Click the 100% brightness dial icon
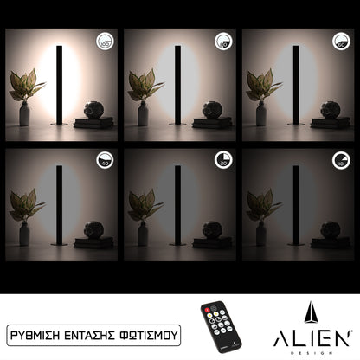coord(105,41)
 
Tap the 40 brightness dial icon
coord(105,160)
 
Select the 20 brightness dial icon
coord(222,160)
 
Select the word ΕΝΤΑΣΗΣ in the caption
coord(96,331)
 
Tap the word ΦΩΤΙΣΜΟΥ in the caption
coord(151,331)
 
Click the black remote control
coord(221,325)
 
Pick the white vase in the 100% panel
coord(24,114)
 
